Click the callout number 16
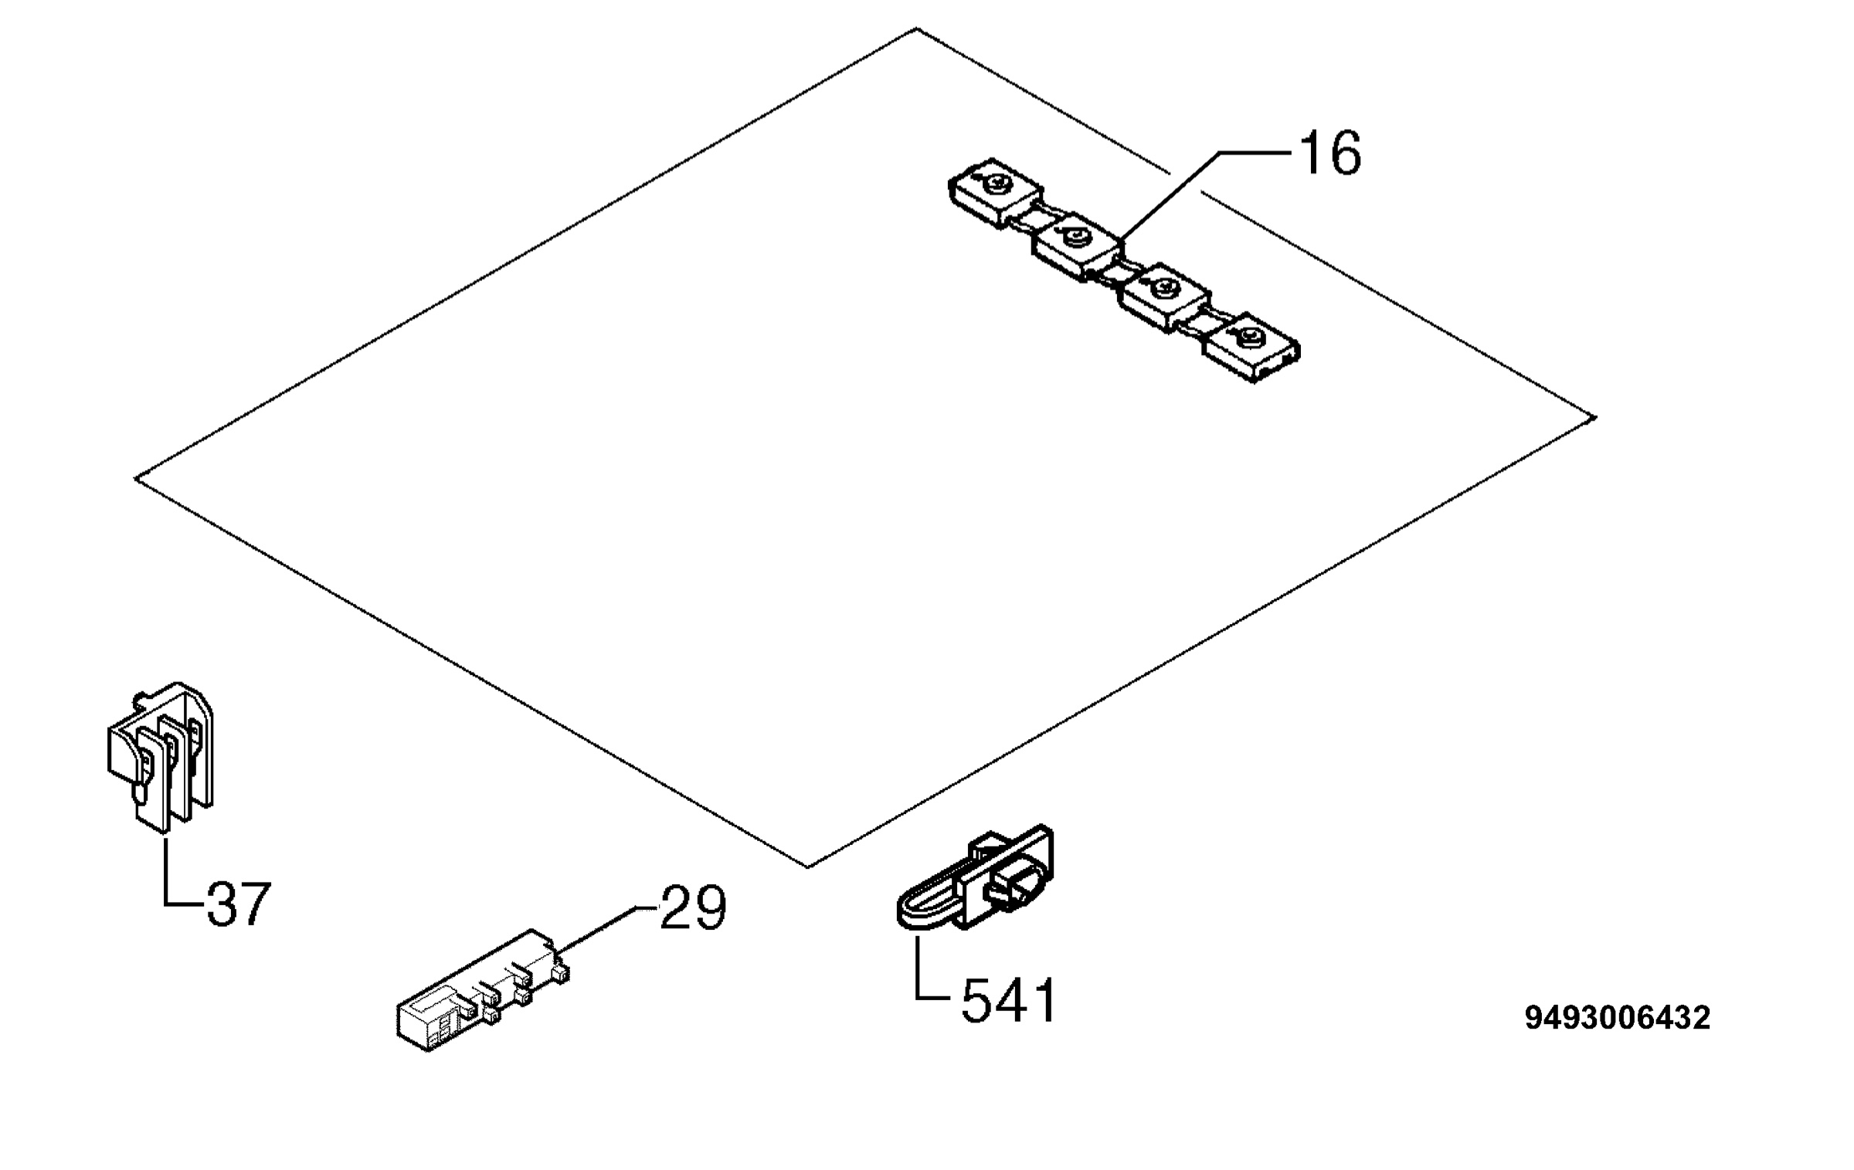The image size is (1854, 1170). [1330, 154]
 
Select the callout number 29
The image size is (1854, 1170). [693, 907]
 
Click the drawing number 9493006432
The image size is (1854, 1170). [1618, 1018]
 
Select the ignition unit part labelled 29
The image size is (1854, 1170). [483, 990]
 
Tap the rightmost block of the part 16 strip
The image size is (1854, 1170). [1251, 348]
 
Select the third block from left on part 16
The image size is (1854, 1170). [1165, 297]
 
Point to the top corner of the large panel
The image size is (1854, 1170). [917, 29]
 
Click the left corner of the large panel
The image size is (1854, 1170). [136, 478]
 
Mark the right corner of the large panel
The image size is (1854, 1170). [1595, 418]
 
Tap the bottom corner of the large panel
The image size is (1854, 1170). [807, 867]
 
